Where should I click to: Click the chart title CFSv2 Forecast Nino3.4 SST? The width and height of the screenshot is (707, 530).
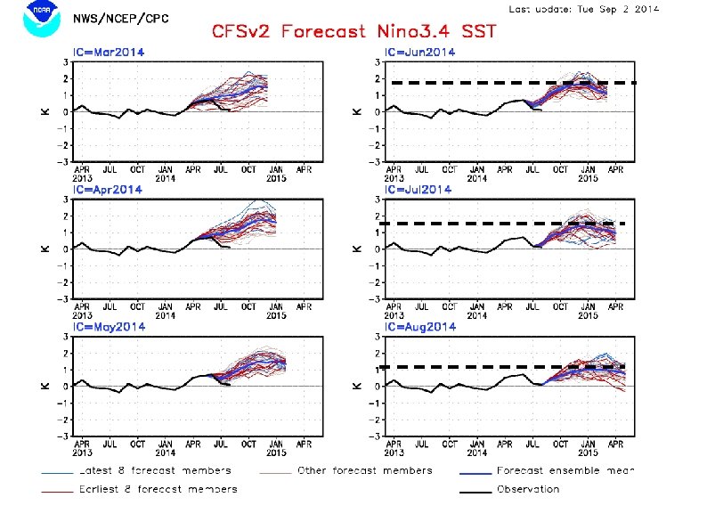point(353,32)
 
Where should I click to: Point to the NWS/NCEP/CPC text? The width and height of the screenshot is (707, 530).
point(121,19)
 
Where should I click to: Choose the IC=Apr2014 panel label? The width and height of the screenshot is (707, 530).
point(108,190)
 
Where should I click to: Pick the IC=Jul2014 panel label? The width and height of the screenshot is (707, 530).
point(418,190)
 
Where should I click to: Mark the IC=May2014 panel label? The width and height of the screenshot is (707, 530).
point(109,327)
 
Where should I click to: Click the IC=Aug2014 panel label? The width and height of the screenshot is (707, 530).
point(419,327)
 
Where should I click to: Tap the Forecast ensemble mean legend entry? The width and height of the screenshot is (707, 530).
point(570,470)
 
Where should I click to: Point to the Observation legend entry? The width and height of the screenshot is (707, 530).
point(528,488)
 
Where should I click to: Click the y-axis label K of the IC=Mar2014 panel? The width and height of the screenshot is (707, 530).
point(46,111)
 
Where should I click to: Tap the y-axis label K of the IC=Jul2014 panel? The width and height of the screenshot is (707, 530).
point(357,249)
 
